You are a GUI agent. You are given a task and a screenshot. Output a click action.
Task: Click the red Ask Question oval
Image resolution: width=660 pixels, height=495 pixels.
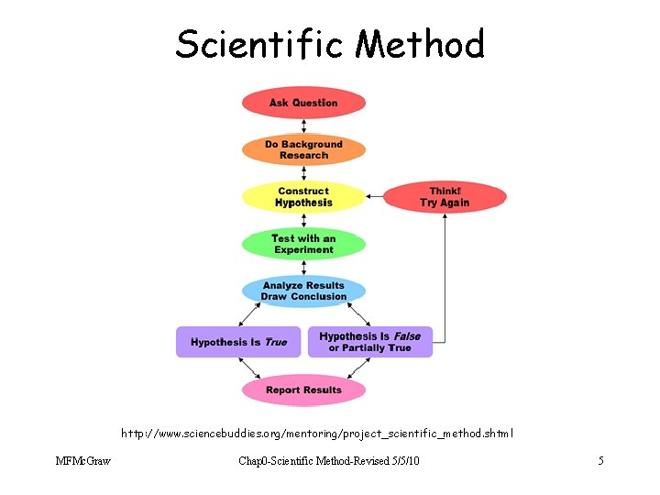click(303, 103)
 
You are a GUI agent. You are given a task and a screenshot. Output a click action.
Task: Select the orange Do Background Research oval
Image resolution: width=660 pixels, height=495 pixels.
click(303, 149)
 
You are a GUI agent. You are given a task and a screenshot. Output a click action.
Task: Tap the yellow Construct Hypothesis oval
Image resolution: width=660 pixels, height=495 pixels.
click(303, 196)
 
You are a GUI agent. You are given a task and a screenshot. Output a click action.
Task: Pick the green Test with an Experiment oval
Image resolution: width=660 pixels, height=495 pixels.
click(303, 244)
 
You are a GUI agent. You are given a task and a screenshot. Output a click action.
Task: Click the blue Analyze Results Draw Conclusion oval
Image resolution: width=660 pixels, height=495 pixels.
click(303, 291)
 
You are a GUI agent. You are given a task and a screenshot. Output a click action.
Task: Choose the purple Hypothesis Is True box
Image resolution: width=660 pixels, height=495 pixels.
click(238, 342)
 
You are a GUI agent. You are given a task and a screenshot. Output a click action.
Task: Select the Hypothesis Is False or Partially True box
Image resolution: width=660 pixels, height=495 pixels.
click(370, 342)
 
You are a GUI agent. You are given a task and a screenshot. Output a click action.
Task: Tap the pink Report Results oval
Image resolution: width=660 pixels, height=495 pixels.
click(303, 390)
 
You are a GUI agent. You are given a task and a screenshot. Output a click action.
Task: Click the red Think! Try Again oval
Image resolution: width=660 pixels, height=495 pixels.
click(444, 196)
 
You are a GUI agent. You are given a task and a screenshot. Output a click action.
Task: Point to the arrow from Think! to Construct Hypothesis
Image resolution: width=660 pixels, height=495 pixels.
click(375, 196)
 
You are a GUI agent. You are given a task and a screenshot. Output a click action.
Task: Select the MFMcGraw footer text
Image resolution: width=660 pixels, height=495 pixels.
click(82, 460)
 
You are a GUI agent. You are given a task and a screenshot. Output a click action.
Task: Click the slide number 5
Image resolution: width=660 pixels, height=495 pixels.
click(600, 460)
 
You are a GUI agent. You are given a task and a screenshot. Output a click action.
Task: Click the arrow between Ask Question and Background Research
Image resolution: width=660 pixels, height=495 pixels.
click(303, 126)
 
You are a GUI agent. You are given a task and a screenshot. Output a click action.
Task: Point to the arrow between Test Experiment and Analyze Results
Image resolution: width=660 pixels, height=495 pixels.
click(303, 267)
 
